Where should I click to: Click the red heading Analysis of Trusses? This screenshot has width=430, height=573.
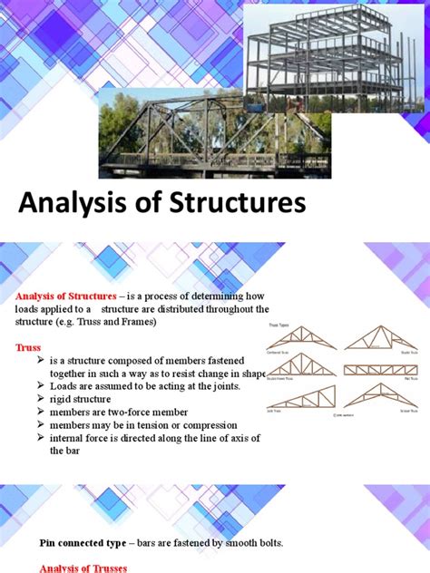coord(81,568)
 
